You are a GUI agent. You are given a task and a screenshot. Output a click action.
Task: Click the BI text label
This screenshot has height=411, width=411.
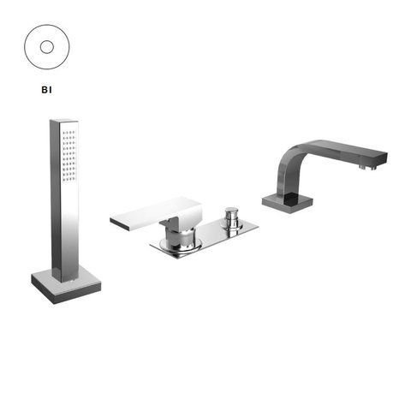click(x=46, y=90)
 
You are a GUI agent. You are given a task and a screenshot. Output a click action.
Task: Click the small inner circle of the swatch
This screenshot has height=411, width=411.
click(x=47, y=47)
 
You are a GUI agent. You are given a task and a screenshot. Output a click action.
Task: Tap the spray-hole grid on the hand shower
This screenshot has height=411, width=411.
click(x=68, y=156)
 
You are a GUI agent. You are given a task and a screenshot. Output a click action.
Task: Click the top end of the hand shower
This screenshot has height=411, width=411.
click(x=64, y=121)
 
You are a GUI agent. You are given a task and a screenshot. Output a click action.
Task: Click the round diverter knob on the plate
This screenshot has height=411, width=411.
click(x=231, y=217)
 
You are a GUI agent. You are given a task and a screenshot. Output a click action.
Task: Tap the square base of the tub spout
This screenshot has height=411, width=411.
click(x=288, y=202)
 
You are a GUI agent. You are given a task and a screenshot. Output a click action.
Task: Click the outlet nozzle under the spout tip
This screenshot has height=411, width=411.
click(x=368, y=167)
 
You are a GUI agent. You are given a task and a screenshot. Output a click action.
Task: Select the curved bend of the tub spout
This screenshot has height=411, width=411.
click(x=289, y=160)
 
